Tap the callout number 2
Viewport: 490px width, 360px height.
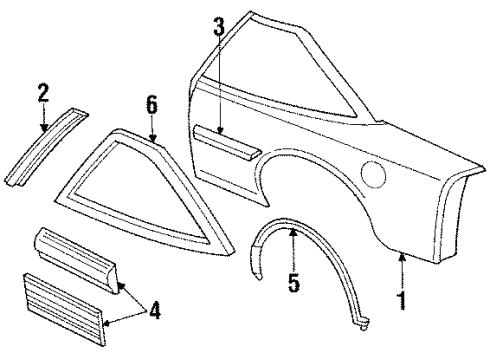(43, 95)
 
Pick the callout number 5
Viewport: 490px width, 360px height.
(292, 284)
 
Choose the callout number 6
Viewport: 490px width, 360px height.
(151, 103)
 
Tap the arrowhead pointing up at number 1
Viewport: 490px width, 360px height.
(400, 259)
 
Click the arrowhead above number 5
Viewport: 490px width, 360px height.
(292, 234)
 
